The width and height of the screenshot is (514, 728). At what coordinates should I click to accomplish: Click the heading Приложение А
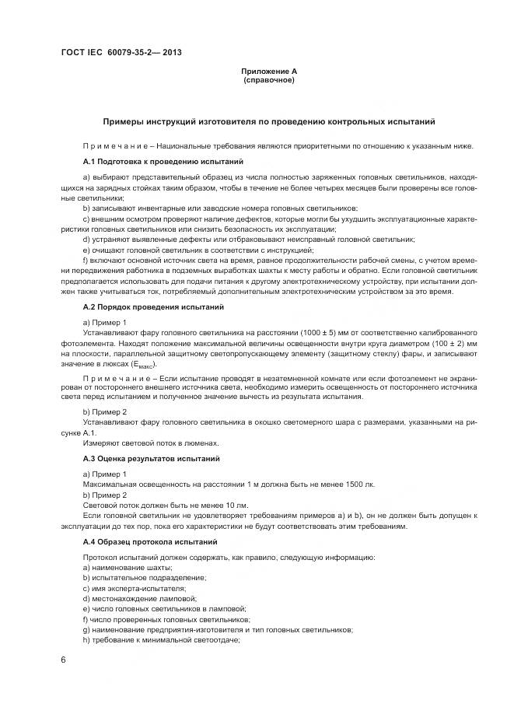pyautogui.click(x=269, y=72)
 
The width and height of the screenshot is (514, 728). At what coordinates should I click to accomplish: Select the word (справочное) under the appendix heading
pyautogui.click(x=269, y=80)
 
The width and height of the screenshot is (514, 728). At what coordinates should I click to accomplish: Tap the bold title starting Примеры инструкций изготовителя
pyautogui.click(x=269, y=121)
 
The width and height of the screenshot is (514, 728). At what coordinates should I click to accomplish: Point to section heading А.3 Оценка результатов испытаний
pyautogui.click(x=151, y=460)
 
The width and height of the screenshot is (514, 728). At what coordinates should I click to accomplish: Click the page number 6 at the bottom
pyautogui.click(x=63, y=660)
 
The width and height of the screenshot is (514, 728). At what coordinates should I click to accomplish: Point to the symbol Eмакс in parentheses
pyautogui.click(x=143, y=366)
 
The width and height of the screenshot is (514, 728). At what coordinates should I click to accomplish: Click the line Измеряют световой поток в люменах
pyautogui.click(x=145, y=443)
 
